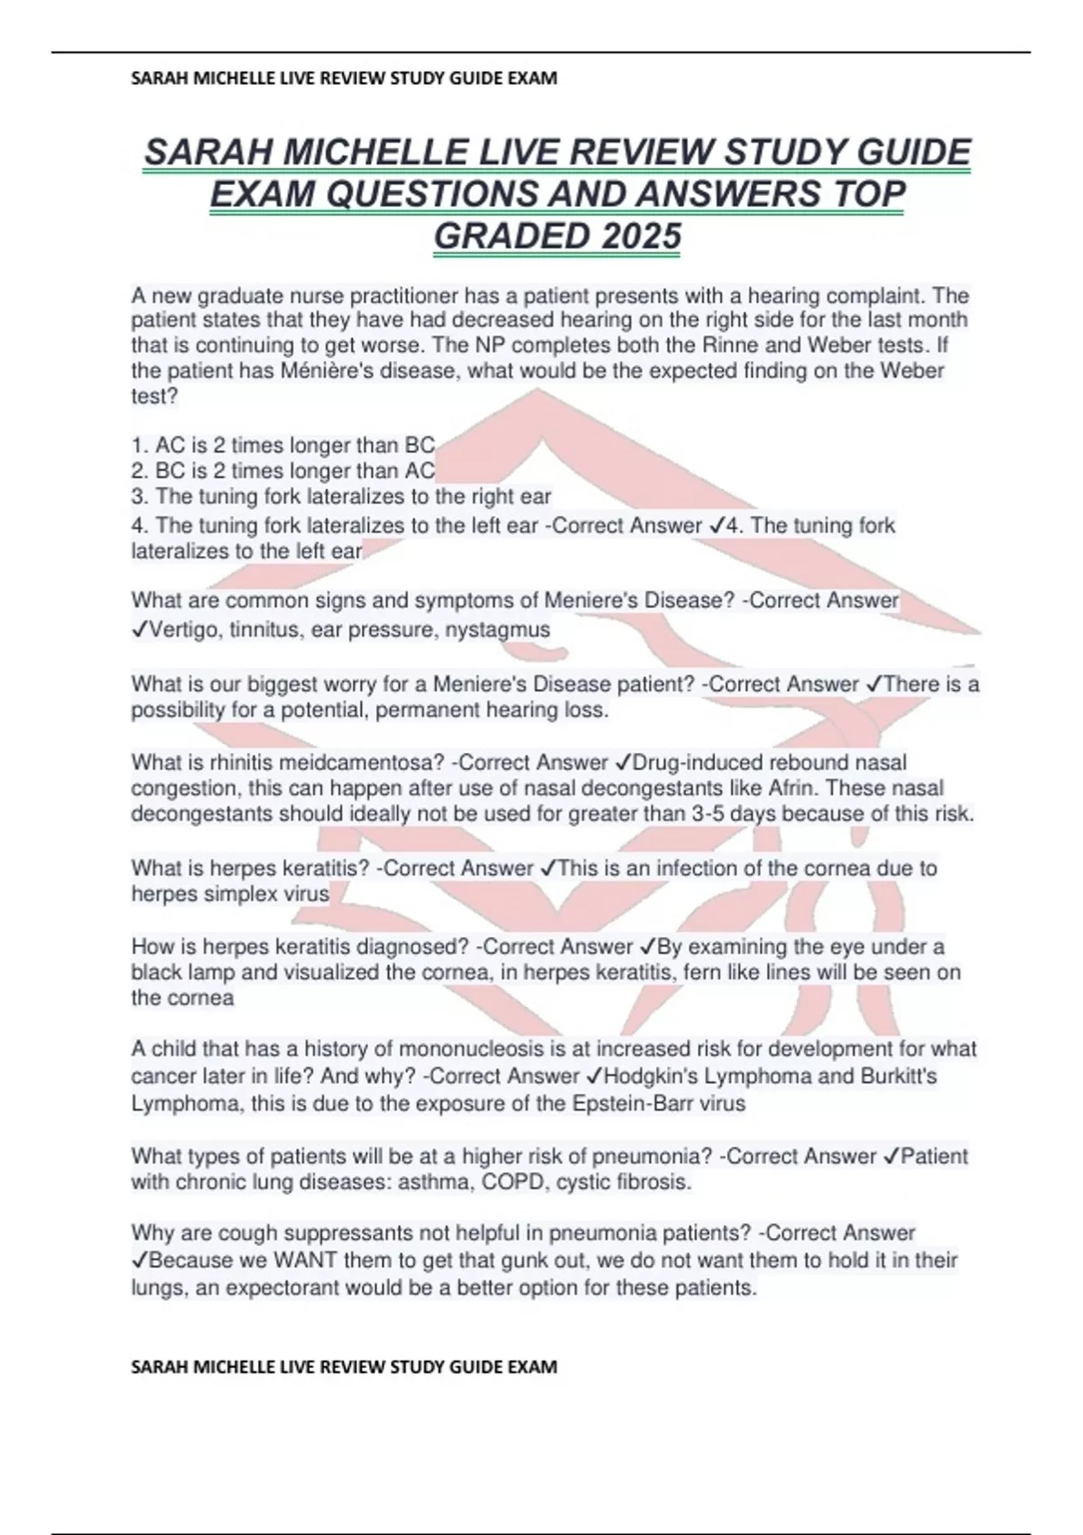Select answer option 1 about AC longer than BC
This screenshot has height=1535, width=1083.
click(283, 445)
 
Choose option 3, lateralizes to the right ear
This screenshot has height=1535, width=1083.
click(341, 497)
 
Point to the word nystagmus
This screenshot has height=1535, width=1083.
click(505, 630)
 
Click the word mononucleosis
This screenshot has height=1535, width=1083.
click(472, 1049)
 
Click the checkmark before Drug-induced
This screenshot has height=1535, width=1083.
click(623, 763)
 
